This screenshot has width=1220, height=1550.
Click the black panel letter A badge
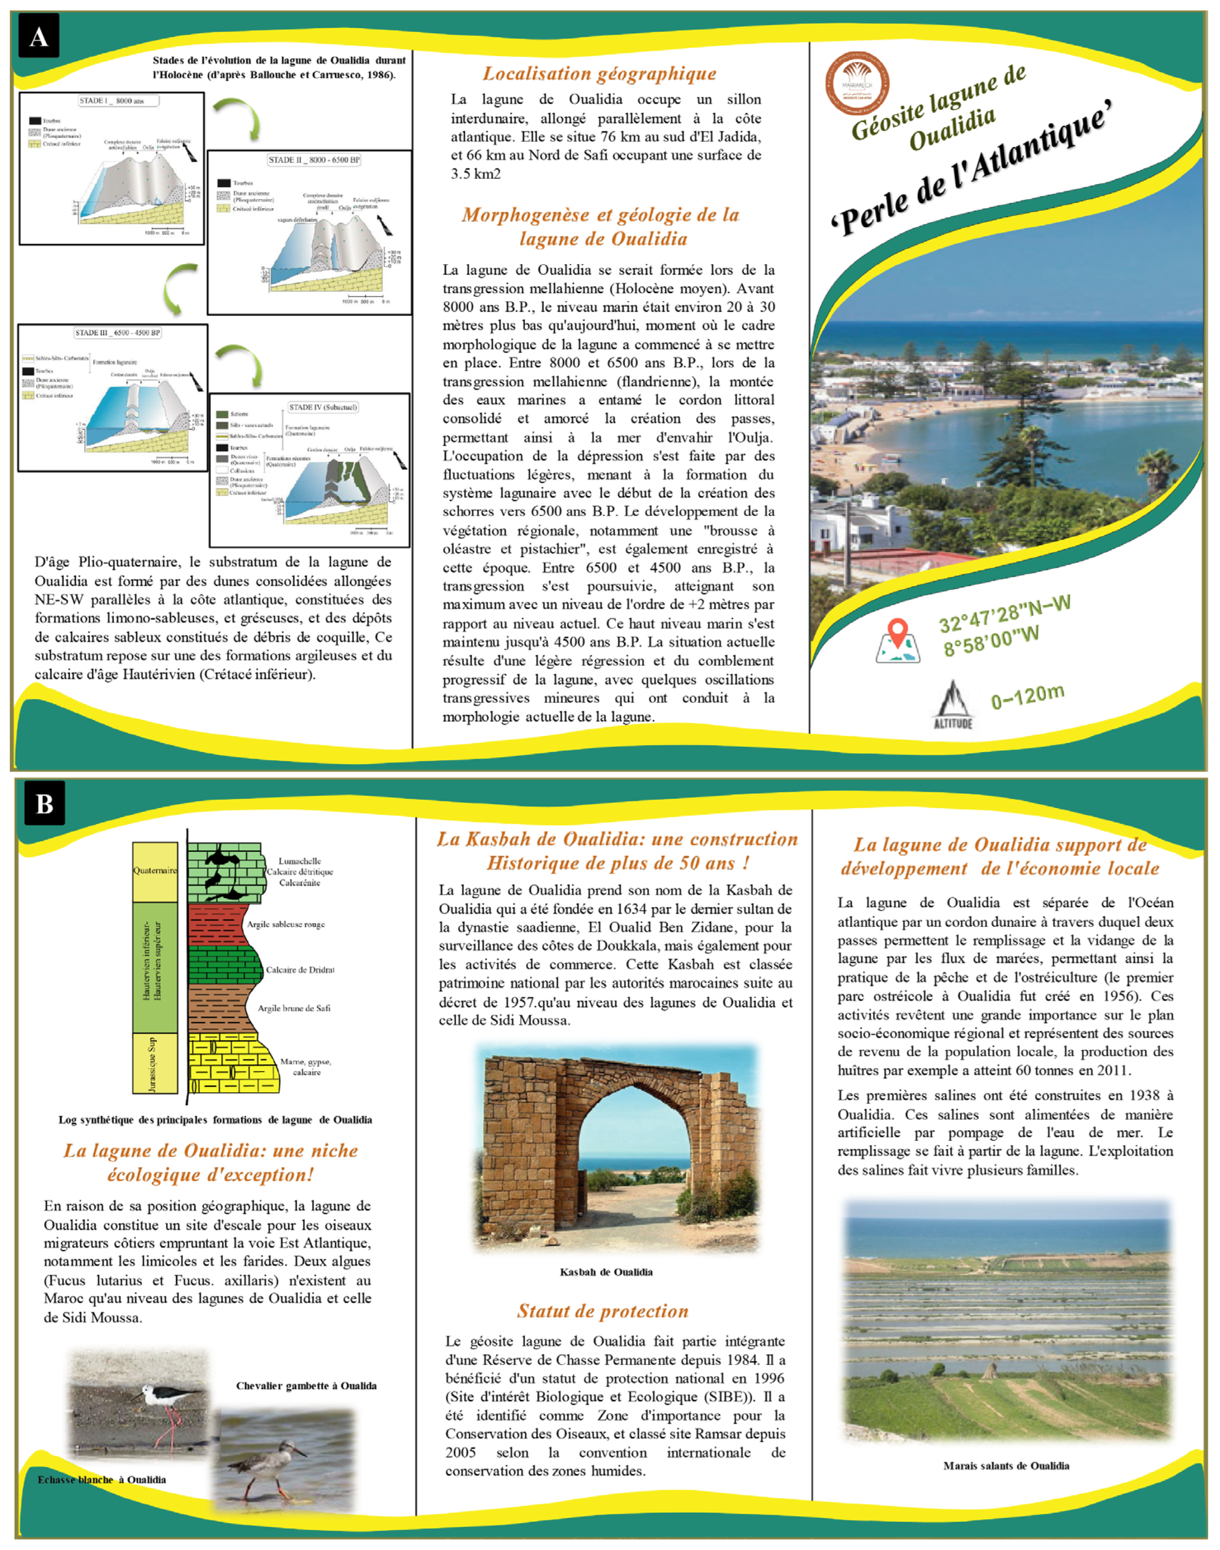coord(39,37)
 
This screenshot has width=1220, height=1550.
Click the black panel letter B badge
coord(44,803)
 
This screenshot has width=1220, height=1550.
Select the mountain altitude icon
coord(953,703)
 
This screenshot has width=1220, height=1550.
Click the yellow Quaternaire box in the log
coord(155,871)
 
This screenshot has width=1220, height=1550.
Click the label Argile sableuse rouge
coord(286,924)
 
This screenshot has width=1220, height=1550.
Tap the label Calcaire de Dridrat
coord(300,970)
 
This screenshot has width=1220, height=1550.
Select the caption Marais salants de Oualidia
coord(1006,1466)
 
